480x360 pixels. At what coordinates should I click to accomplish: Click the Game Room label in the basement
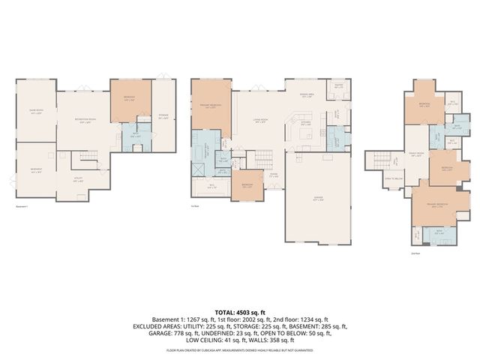click(x=35, y=112)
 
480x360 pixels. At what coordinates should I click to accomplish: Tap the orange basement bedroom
click(x=129, y=99)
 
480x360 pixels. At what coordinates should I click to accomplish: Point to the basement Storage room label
click(x=163, y=115)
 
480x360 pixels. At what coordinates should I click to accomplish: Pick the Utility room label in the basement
click(x=78, y=179)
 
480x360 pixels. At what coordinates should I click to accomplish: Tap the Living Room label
click(x=260, y=121)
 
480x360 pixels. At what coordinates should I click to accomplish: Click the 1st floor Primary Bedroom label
click(x=210, y=106)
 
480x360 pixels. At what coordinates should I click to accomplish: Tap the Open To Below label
click(x=393, y=178)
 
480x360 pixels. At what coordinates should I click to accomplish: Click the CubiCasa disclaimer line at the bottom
click(x=240, y=349)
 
